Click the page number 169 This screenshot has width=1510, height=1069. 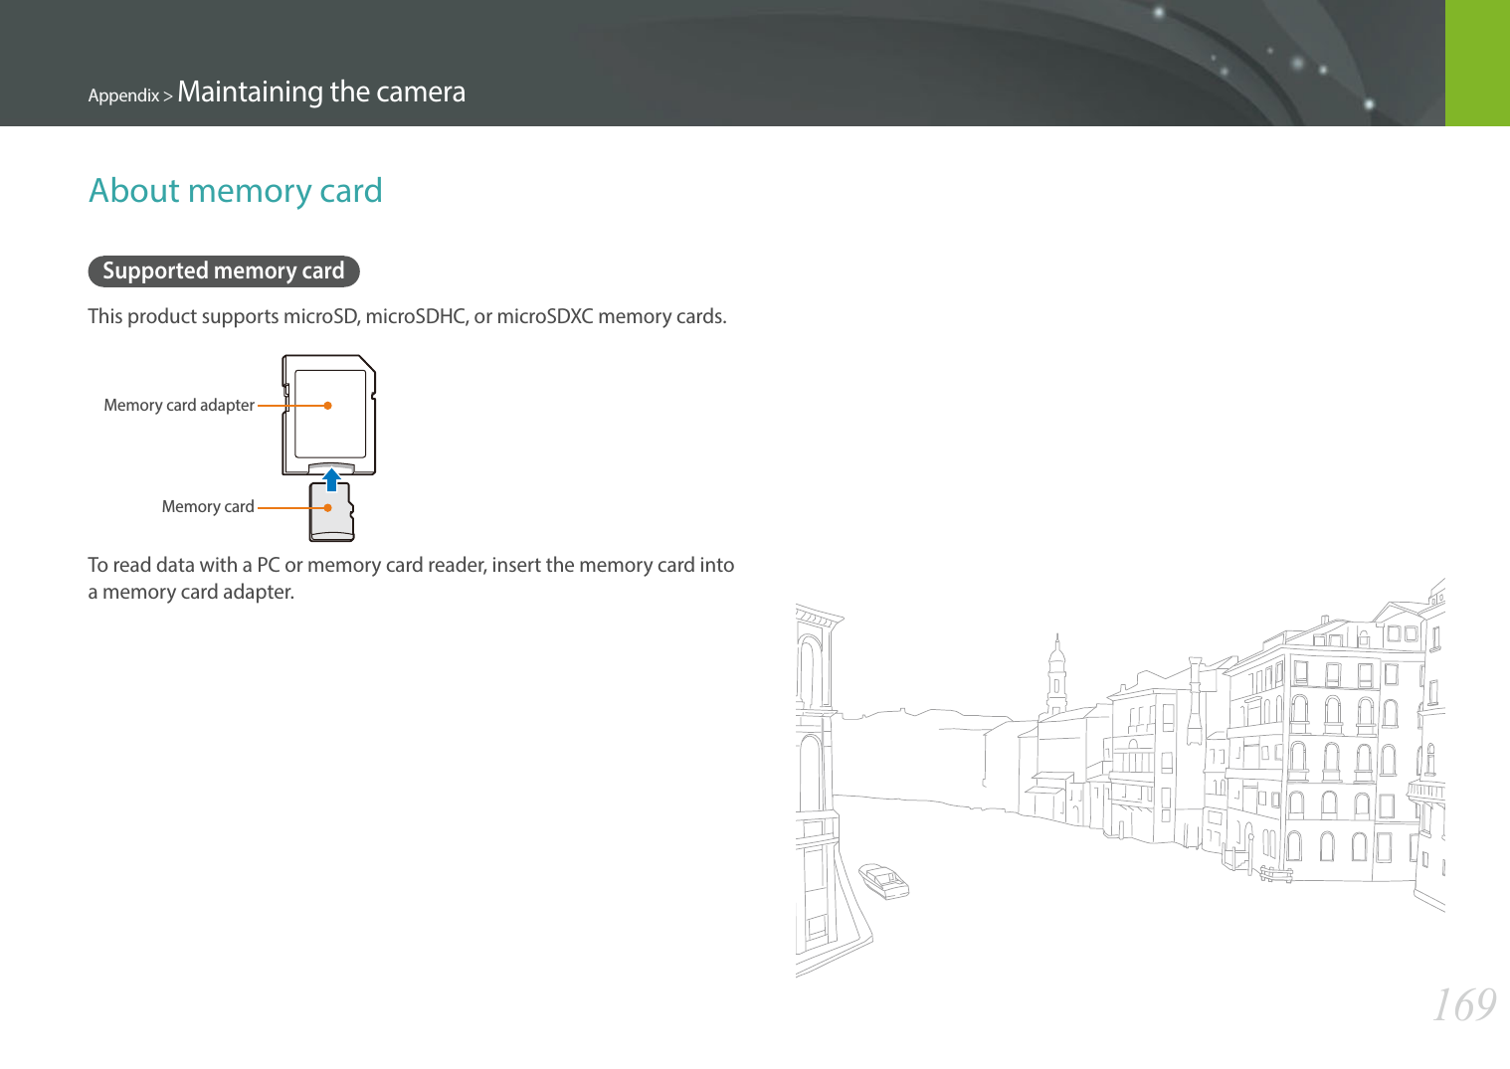pyautogui.click(x=1463, y=1005)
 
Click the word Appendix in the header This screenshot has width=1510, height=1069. pyautogui.click(x=123, y=95)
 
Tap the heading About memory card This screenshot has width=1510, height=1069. pyautogui.click(x=236, y=190)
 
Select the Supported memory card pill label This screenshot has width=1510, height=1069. pyautogui.click(x=223, y=270)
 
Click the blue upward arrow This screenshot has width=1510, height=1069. pyautogui.click(x=332, y=479)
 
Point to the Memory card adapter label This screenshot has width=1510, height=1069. pyautogui.click(x=179, y=405)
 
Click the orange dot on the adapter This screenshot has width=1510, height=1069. pyautogui.click(x=327, y=406)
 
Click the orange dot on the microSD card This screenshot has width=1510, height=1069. pyautogui.click(x=327, y=507)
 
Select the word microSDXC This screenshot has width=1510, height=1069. pyautogui.click(x=544, y=316)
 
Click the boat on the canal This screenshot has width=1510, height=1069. pyautogui.click(x=883, y=880)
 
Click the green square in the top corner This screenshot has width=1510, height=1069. pyautogui.click(x=1477, y=63)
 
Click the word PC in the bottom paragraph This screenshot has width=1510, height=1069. pyautogui.click(x=268, y=565)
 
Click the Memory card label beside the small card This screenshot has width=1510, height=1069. pyautogui.click(x=208, y=506)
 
